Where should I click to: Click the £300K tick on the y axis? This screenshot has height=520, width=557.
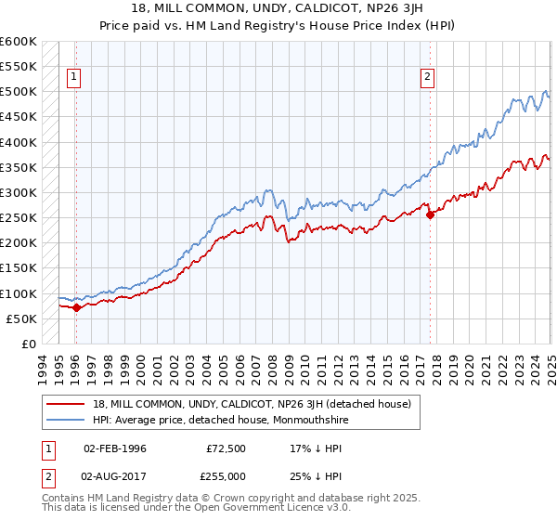[19, 193]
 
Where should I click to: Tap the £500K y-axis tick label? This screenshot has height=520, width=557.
[19, 92]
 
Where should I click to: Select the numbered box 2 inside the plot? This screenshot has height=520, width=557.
[428, 78]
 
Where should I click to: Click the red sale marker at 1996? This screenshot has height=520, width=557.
[76, 307]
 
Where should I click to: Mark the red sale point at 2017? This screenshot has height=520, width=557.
[430, 215]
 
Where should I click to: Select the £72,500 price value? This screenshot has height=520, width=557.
[227, 447]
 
